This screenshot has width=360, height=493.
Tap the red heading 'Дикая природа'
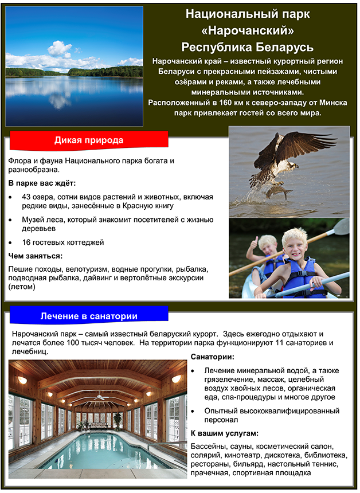pos(89,140)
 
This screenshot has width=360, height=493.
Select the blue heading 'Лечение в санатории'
pos(89,316)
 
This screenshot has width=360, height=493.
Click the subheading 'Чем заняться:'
pos(36,256)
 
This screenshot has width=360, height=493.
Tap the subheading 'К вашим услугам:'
pos(225,433)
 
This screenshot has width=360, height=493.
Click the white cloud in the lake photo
pos(60,48)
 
